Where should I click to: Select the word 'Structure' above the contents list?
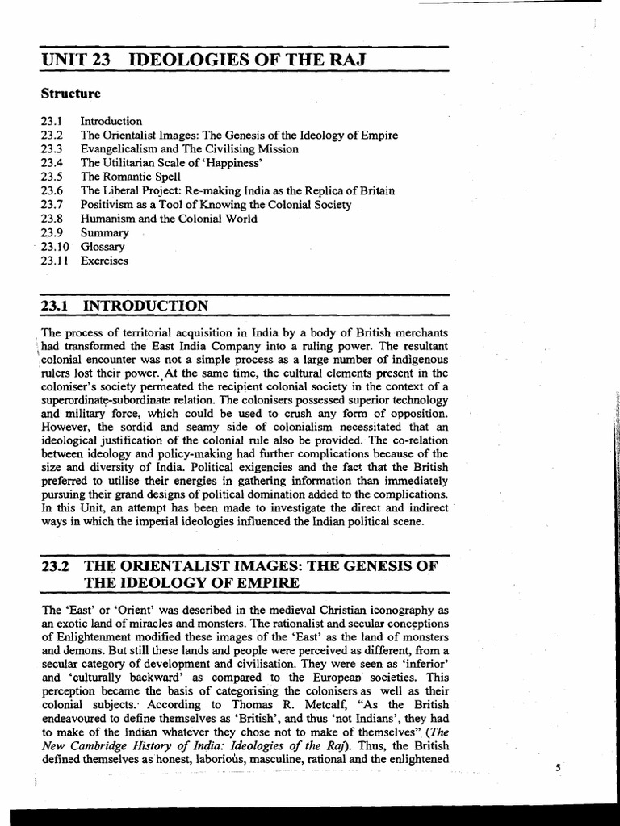(x=71, y=94)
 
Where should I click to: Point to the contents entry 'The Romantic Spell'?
(x=130, y=177)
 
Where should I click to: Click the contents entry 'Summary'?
(x=104, y=233)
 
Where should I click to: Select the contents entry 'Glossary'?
(x=103, y=247)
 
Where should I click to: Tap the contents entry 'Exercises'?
(x=104, y=261)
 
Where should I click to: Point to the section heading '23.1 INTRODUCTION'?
(x=124, y=306)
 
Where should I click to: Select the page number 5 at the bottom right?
(x=557, y=767)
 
